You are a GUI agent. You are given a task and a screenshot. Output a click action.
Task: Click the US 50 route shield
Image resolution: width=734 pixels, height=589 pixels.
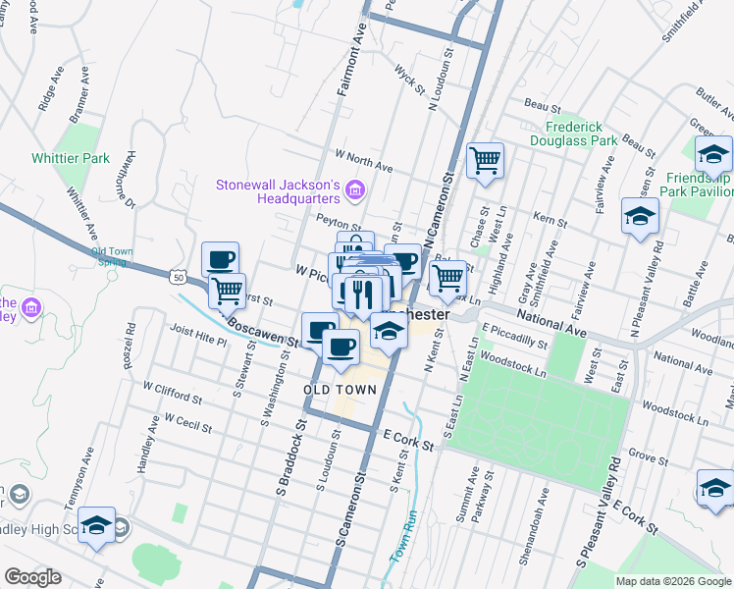[x=178, y=278]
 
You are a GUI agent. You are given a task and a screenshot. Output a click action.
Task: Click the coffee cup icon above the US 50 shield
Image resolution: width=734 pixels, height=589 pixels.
[x=221, y=259]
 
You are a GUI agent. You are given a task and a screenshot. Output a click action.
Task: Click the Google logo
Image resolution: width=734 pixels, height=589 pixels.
[x=32, y=577]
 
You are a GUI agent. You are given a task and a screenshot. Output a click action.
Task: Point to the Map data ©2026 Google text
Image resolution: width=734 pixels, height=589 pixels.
[x=672, y=581]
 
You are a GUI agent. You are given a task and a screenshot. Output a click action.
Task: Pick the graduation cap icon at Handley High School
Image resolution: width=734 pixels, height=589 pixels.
[x=96, y=525]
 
